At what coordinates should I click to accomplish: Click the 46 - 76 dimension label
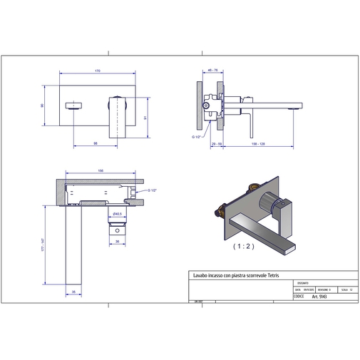212,71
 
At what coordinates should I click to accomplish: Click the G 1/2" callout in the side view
195,134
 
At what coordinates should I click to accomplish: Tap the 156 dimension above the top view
101,171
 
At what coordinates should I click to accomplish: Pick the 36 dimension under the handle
117,241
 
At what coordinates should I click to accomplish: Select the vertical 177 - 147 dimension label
43,247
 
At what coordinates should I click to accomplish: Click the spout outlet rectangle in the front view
71,106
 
